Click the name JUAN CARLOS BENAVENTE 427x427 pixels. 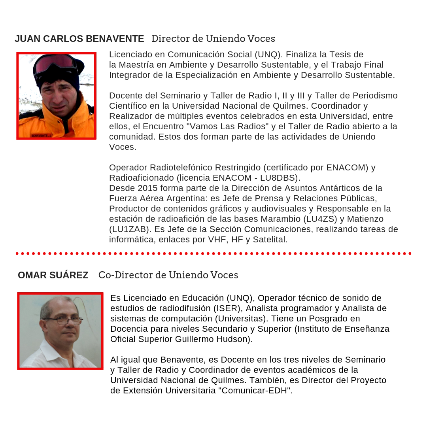pyautogui.click(x=79, y=39)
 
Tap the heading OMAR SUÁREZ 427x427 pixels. pyautogui.click(x=53, y=275)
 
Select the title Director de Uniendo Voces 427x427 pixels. pyautogui.click(x=213, y=39)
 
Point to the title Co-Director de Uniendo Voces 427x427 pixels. pyautogui.click(x=168, y=275)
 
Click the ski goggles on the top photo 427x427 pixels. pyautogui.click(x=55, y=63)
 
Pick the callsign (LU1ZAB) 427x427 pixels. pyautogui.click(x=127, y=229)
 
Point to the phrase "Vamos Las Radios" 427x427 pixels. pyautogui.click(x=231, y=127)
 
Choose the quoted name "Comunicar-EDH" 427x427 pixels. pyautogui.click(x=255, y=391)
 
